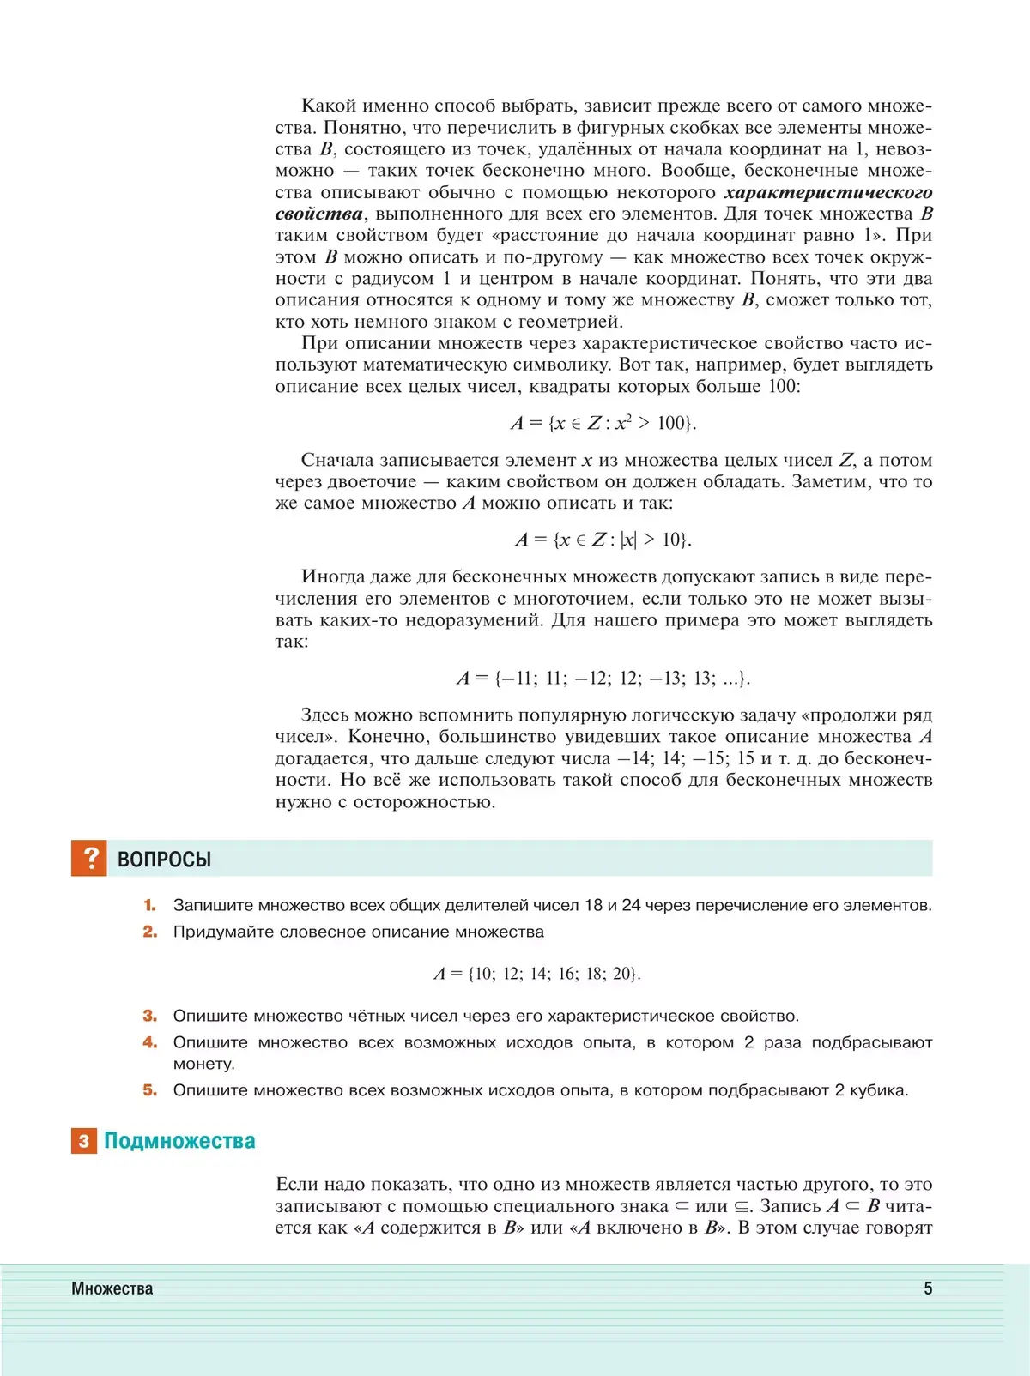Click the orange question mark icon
[89, 858]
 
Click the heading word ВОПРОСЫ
[164, 860]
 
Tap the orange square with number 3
[84, 1141]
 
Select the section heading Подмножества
[179, 1141]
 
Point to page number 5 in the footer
[928, 1288]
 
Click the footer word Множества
[112, 1288]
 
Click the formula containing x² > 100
[603, 423]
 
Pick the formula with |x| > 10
[603, 540]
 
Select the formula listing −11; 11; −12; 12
[603, 679]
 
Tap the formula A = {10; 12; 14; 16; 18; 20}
[537, 974]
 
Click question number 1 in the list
[150, 905]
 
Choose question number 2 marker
[150, 932]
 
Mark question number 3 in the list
[150, 1016]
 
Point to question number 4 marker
[150, 1042]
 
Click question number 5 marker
[150, 1090]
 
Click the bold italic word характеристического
[828, 193]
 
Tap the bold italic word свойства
[318, 214]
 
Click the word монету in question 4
[203, 1065]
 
